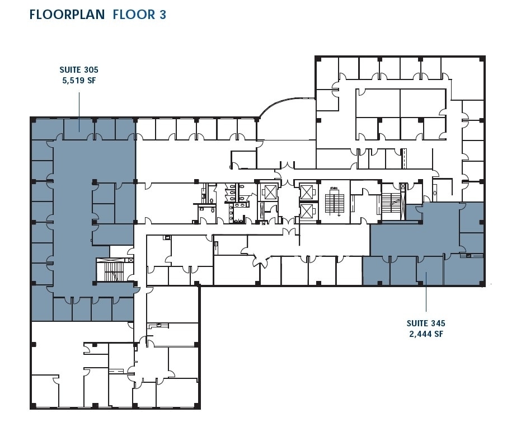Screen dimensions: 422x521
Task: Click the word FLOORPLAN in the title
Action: click(x=67, y=15)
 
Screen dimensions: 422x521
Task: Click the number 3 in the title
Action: click(x=162, y=15)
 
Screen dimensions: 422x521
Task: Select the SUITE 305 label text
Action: click(x=79, y=70)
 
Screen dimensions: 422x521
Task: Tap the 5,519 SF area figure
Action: click(x=79, y=80)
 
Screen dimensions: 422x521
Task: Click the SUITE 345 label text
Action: click(x=426, y=323)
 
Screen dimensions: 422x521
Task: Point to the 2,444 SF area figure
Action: click(x=426, y=334)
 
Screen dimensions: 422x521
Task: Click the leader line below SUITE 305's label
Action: click(x=79, y=109)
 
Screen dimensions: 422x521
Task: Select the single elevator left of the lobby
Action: click(x=270, y=192)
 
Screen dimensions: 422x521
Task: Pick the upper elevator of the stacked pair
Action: click(x=307, y=192)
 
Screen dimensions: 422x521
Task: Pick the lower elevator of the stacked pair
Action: click(x=307, y=211)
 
